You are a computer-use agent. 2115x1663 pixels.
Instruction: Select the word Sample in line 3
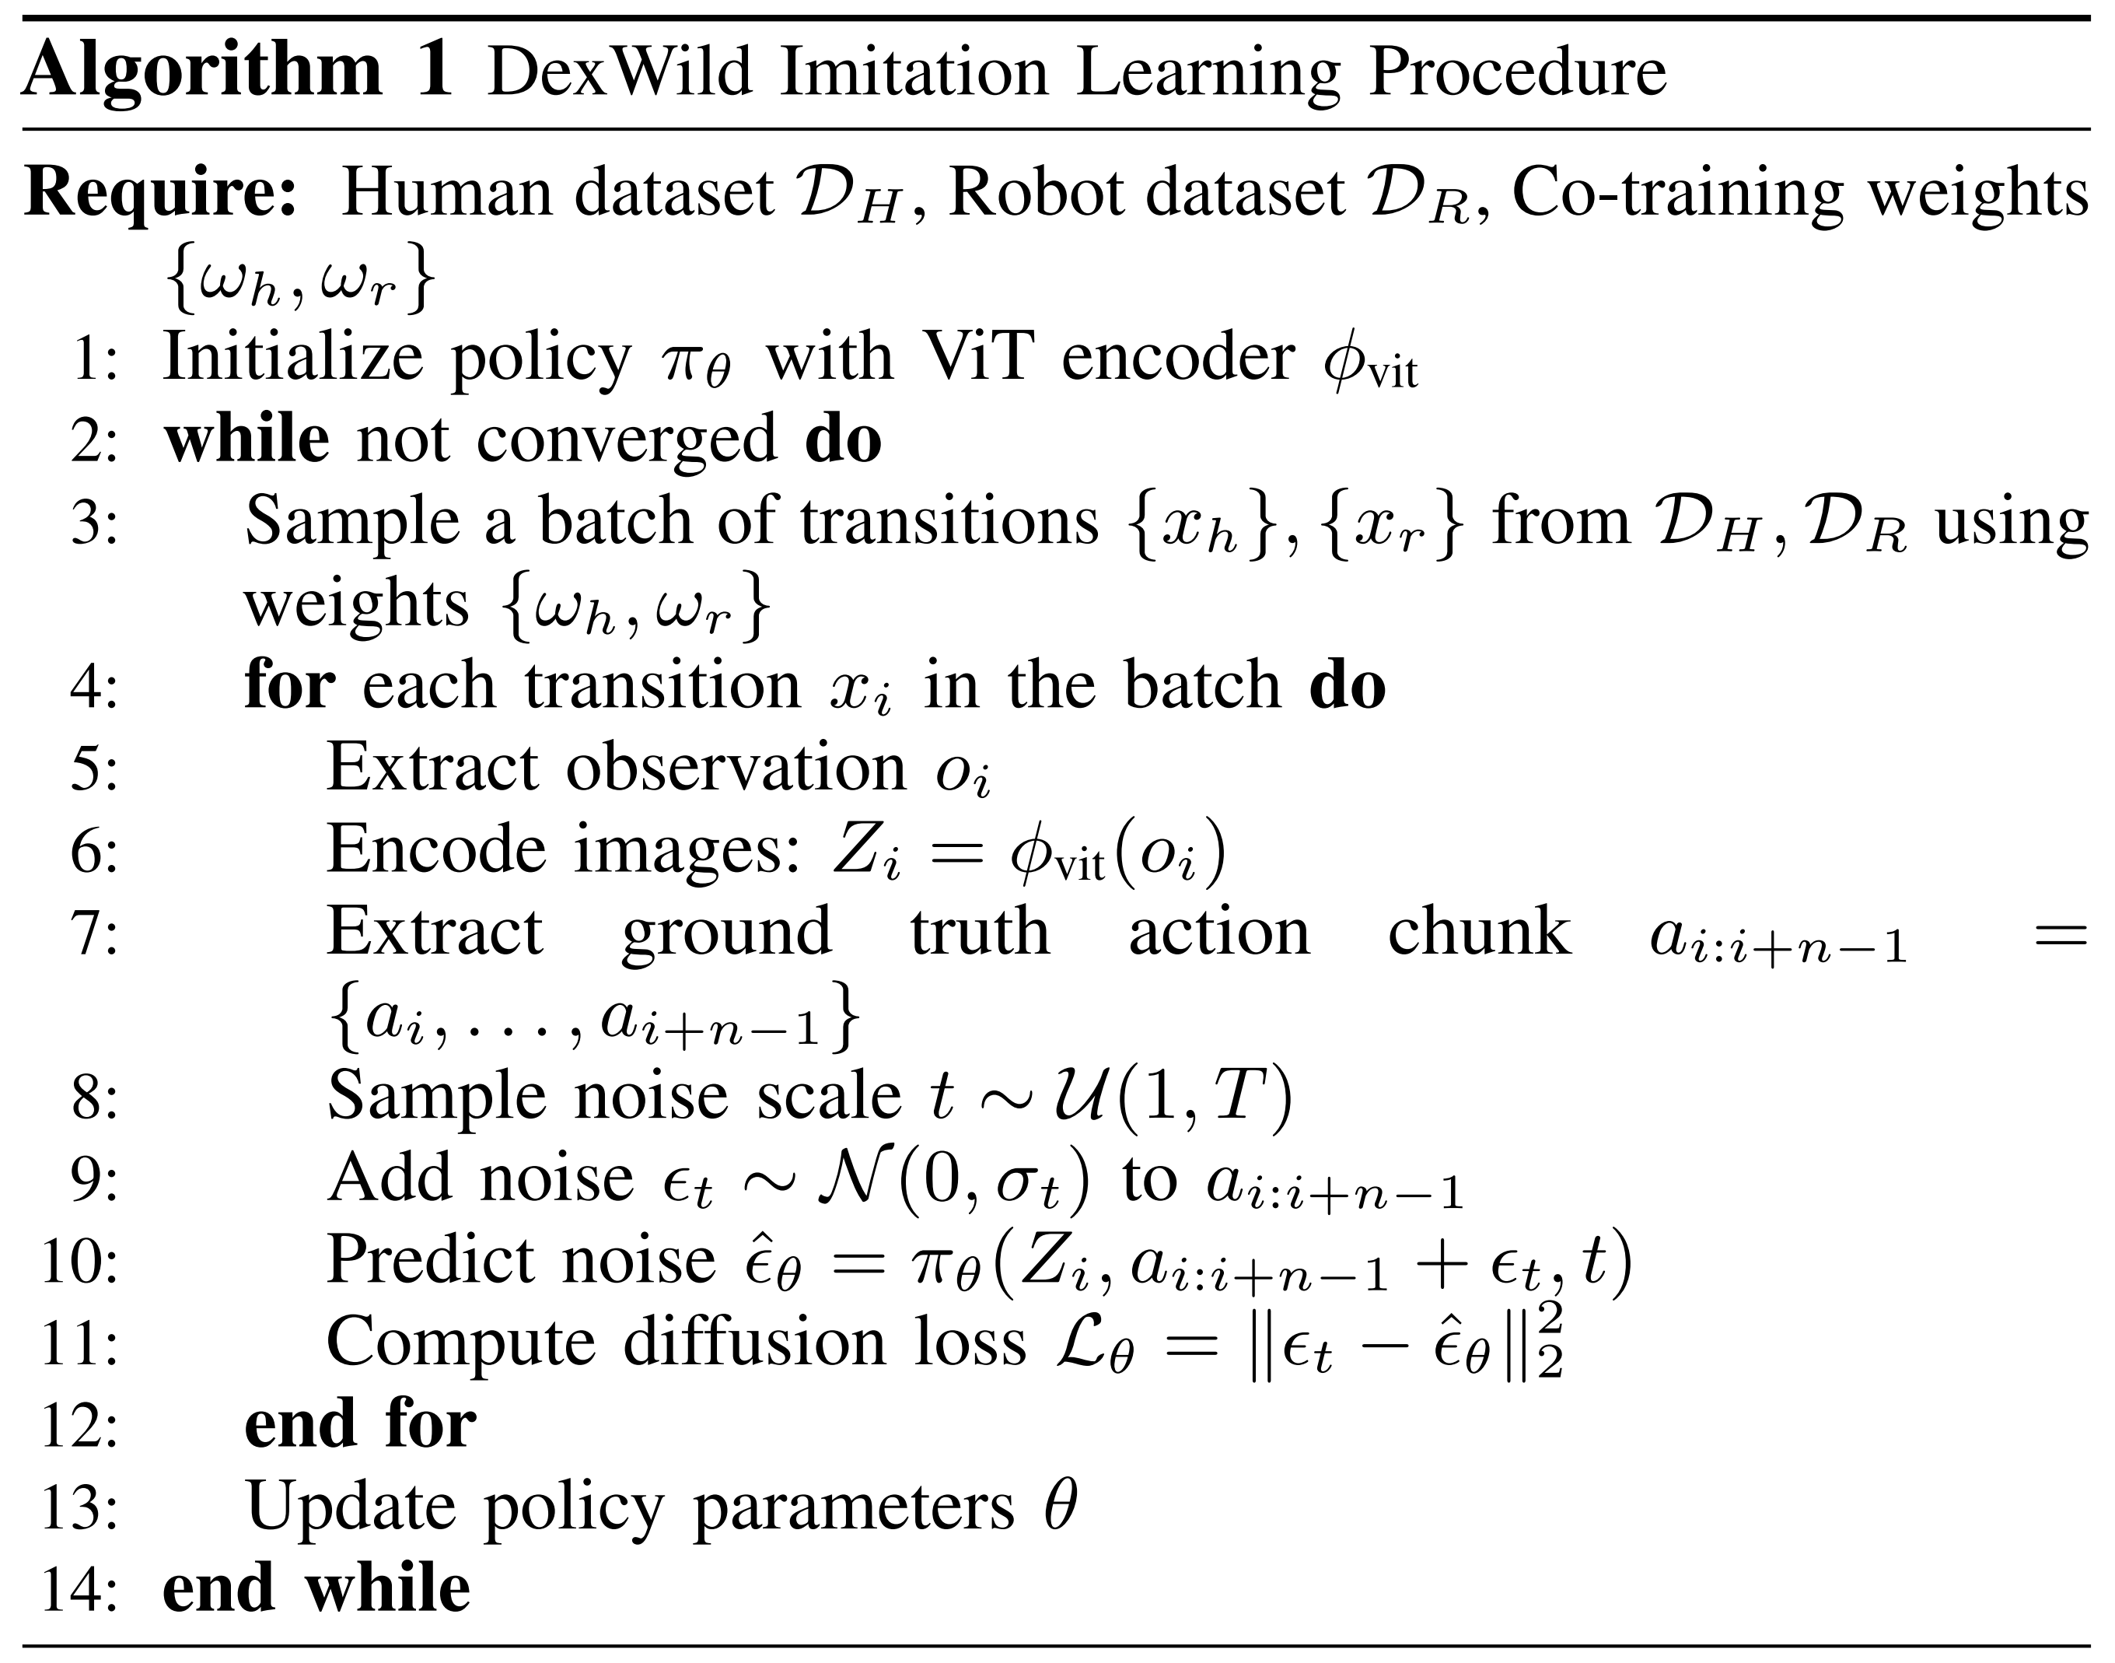[351, 522]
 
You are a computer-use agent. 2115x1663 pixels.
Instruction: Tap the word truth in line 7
[980, 932]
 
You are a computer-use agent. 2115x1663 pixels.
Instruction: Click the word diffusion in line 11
[753, 1343]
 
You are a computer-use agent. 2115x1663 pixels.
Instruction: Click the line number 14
[79, 1590]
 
